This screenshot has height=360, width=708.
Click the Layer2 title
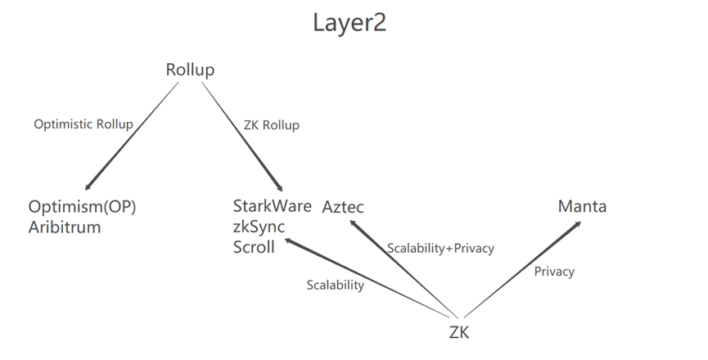(x=349, y=23)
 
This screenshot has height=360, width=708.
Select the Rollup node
(x=190, y=70)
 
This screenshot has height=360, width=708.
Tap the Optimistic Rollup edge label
(x=83, y=124)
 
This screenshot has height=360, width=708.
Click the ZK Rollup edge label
(x=272, y=125)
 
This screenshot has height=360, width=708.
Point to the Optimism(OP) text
(x=82, y=207)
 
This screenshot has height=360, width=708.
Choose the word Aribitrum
(x=65, y=227)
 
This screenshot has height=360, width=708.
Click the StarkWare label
(x=272, y=206)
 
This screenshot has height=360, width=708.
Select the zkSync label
(x=259, y=227)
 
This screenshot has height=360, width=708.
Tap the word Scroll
(x=254, y=246)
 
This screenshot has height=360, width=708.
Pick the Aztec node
(x=343, y=207)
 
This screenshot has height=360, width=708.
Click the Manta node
(x=582, y=206)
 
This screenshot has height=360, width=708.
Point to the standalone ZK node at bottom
(x=459, y=332)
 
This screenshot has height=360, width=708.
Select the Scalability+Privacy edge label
(x=440, y=247)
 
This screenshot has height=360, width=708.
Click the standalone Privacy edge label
(x=554, y=271)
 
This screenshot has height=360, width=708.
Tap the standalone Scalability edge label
(x=336, y=285)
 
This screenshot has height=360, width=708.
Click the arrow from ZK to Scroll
(x=368, y=278)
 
